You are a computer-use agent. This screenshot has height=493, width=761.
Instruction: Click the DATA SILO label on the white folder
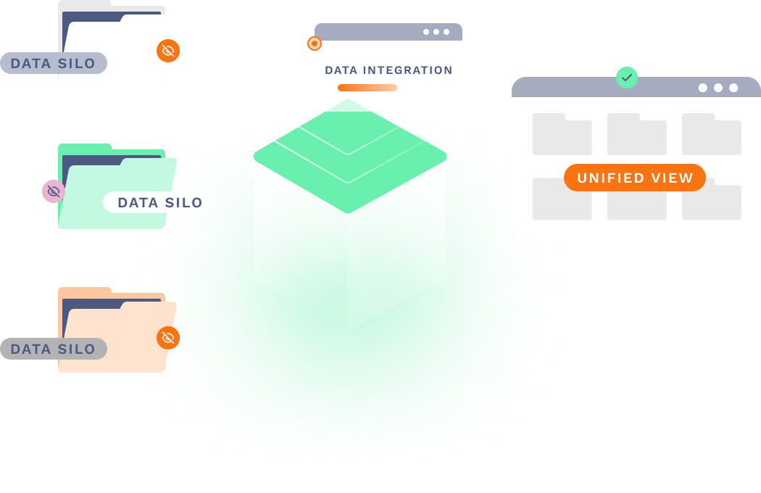[x=53, y=63]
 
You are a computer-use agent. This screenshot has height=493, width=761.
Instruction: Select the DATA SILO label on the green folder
[x=159, y=202]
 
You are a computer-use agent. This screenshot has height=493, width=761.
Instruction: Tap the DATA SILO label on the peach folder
[x=53, y=349]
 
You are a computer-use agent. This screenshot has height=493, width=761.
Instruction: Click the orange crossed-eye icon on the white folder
[x=168, y=50]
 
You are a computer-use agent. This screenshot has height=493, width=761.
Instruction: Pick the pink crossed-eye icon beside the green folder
[x=53, y=191]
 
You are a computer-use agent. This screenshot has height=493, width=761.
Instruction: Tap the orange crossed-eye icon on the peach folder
[x=168, y=337]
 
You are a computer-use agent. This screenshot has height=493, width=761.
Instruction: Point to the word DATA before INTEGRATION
[x=341, y=70]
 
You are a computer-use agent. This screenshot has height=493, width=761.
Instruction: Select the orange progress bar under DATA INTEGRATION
[x=367, y=88]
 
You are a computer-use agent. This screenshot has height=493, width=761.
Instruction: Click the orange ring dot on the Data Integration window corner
[x=315, y=43]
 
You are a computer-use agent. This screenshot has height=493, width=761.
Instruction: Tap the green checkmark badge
[x=627, y=77]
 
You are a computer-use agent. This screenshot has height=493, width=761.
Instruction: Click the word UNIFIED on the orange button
[x=607, y=178]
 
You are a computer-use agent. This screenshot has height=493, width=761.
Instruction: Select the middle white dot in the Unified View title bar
[x=718, y=88]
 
